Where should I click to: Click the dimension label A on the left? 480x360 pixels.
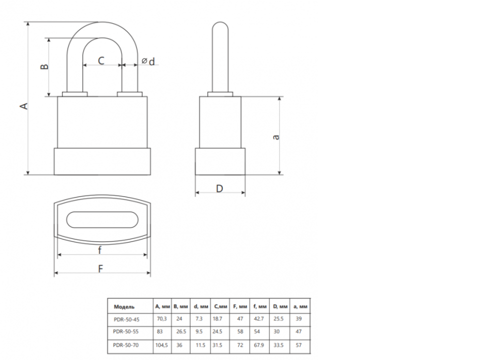[x=24, y=106]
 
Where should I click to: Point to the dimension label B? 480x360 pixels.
[x=44, y=66]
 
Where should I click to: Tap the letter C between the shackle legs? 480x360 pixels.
[x=101, y=60]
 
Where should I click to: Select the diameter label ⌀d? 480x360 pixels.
[x=148, y=61]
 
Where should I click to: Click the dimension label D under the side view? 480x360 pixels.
[x=219, y=188]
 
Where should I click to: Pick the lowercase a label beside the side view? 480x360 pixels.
[x=276, y=137]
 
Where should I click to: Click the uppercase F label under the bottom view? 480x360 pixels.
[x=100, y=269]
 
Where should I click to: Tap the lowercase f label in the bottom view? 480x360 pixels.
[x=100, y=250]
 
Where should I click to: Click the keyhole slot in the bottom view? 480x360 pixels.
[x=102, y=219]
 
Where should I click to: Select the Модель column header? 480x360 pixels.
[x=124, y=306]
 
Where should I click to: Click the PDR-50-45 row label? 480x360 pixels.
[x=126, y=319]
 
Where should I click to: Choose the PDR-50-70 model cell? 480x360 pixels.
[x=126, y=345]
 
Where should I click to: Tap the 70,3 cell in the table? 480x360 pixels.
[x=161, y=318]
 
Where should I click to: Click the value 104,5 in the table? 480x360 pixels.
[x=161, y=345]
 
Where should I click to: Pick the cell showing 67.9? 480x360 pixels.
[x=259, y=345]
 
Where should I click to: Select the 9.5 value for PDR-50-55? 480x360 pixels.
[x=199, y=331]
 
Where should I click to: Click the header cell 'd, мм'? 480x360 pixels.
[x=201, y=306]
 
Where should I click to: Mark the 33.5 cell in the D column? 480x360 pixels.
[x=278, y=345]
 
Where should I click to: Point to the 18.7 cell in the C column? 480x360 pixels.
[x=217, y=318]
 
